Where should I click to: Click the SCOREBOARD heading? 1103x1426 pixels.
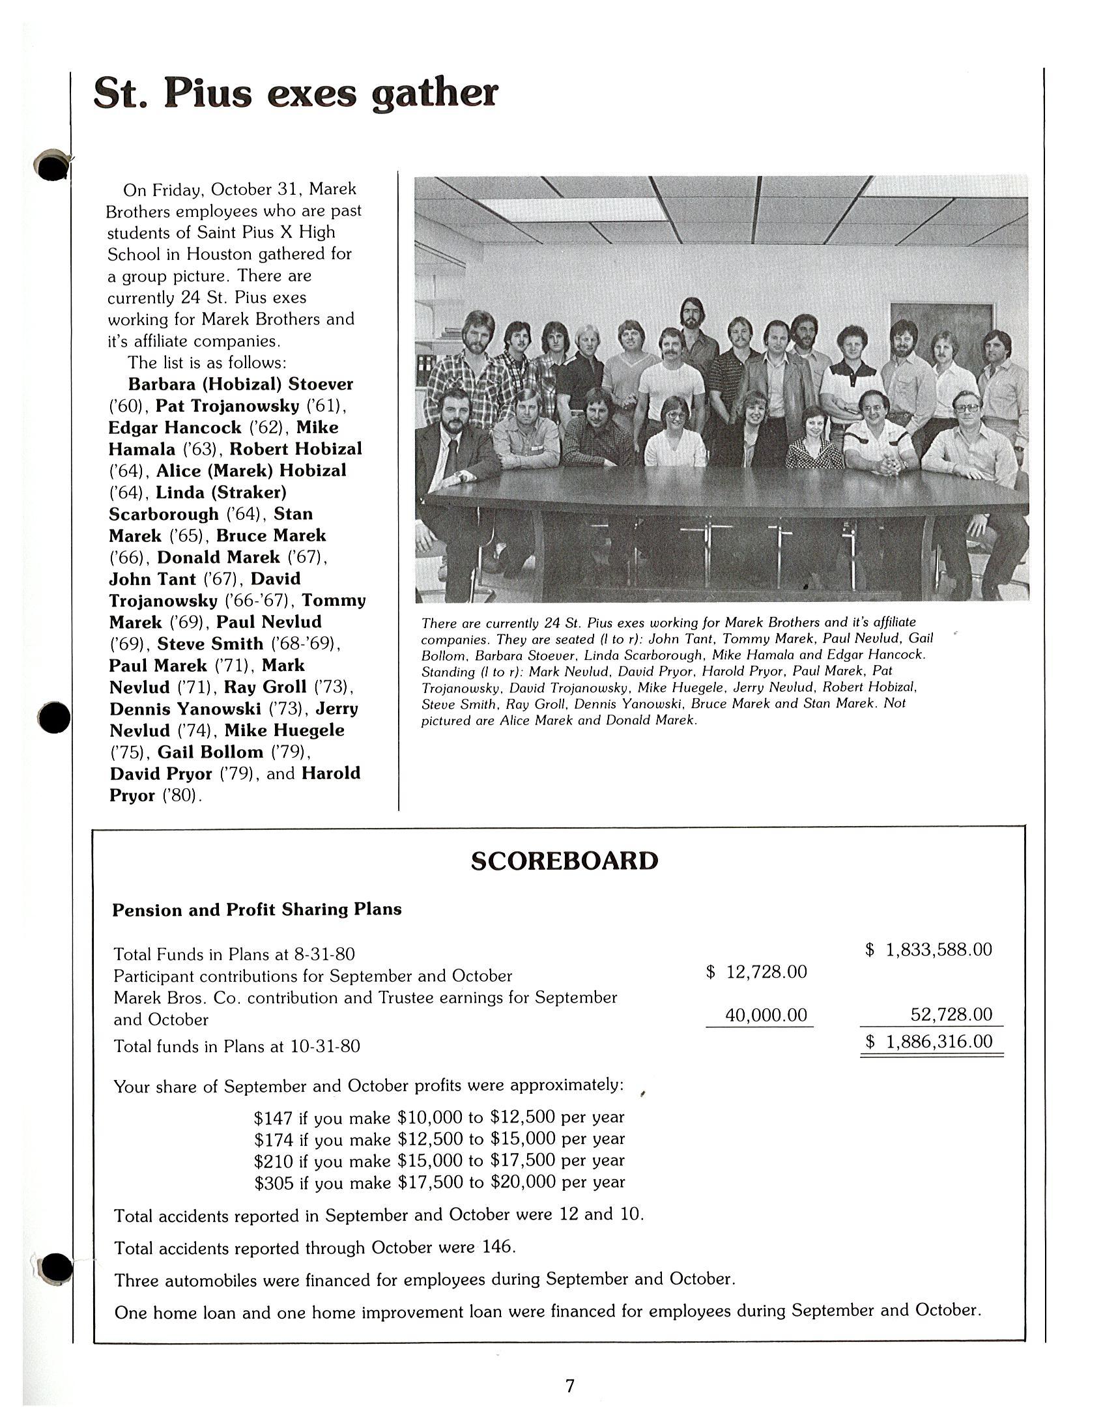tap(564, 861)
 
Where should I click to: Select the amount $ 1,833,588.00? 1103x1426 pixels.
tap(928, 949)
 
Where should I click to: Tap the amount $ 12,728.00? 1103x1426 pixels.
tap(757, 972)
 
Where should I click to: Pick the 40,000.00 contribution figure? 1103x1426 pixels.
tap(766, 1016)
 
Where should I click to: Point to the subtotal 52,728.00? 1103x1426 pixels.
tap(951, 1015)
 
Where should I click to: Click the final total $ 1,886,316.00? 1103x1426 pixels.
tap(928, 1042)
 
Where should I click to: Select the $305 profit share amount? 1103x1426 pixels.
tap(273, 1182)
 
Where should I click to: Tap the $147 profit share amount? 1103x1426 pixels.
tap(272, 1118)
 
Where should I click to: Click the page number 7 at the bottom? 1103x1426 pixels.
tap(569, 1386)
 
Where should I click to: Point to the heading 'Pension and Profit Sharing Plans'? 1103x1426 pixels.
tap(257, 909)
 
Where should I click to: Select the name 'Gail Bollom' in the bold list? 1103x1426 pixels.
tap(210, 752)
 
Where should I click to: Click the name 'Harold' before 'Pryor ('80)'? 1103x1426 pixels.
tap(331, 774)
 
